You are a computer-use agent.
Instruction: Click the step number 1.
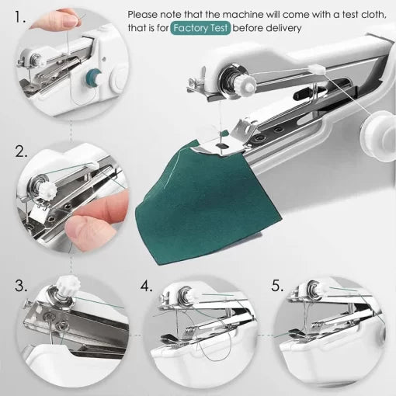[21, 14]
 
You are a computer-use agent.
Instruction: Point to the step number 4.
[147, 285]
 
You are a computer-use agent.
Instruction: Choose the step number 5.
[276, 285]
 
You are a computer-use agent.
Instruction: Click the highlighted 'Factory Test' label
[200, 28]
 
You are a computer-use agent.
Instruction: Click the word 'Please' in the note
[145, 13]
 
